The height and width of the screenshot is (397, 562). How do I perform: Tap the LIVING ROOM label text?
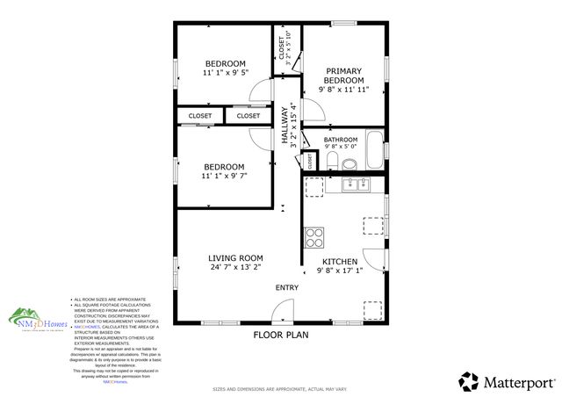pyautogui.click(x=235, y=258)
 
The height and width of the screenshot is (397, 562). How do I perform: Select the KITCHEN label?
pyautogui.click(x=339, y=262)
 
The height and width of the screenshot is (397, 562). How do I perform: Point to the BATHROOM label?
pyautogui.click(x=341, y=140)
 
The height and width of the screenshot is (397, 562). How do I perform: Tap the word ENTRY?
pyautogui.click(x=287, y=288)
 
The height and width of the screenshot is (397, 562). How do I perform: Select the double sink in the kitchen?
pyautogui.click(x=356, y=184)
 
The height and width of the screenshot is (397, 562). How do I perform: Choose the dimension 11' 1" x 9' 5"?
pyautogui.click(x=226, y=73)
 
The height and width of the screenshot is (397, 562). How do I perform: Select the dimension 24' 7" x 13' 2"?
pyautogui.click(x=235, y=268)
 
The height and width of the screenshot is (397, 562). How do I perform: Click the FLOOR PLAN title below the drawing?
pyautogui.click(x=280, y=335)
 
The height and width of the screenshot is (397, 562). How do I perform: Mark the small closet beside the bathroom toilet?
pyautogui.click(x=309, y=161)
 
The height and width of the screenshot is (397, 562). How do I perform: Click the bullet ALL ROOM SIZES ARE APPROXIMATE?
pyautogui.click(x=111, y=300)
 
